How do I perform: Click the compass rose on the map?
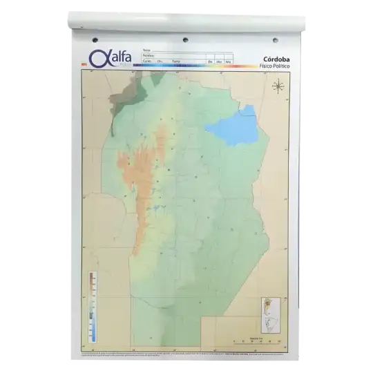tap(279, 86)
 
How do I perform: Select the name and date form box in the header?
tap(183, 56)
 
